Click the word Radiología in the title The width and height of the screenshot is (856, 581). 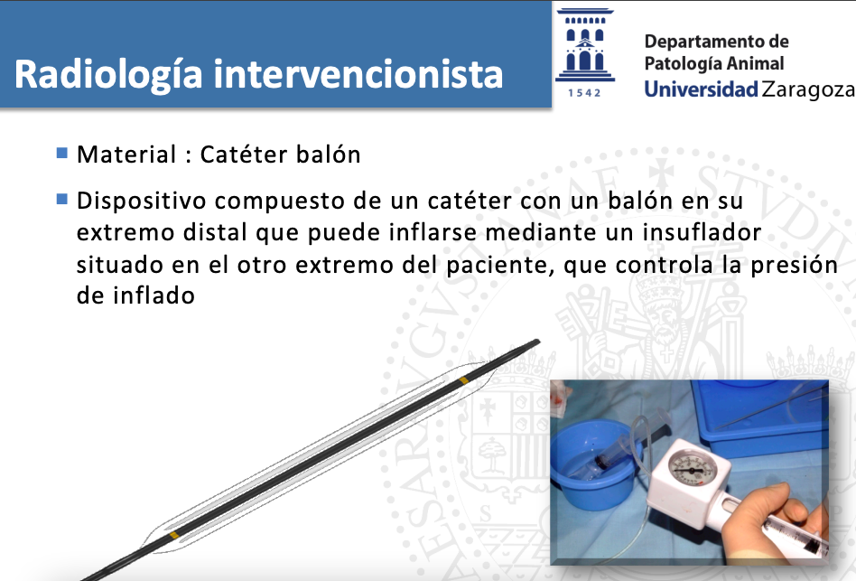click(x=108, y=75)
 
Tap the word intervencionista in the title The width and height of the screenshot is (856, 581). click(x=358, y=74)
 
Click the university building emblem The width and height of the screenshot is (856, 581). click(x=585, y=46)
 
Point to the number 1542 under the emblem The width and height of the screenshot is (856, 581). click(x=585, y=93)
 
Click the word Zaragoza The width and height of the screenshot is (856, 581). click(x=808, y=89)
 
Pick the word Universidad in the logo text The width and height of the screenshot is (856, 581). click(x=701, y=89)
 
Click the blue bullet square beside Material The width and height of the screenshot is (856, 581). click(x=61, y=153)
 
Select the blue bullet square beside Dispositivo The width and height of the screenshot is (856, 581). click(x=61, y=199)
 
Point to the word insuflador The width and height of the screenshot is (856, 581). click(x=702, y=232)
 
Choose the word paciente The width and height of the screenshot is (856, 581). click(x=500, y=266)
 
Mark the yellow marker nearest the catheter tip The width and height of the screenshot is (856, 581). click(x=463, y=380)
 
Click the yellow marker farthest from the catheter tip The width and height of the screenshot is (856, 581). click(x=173, y=535)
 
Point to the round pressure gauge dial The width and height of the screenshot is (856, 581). click(x=693, y=468)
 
